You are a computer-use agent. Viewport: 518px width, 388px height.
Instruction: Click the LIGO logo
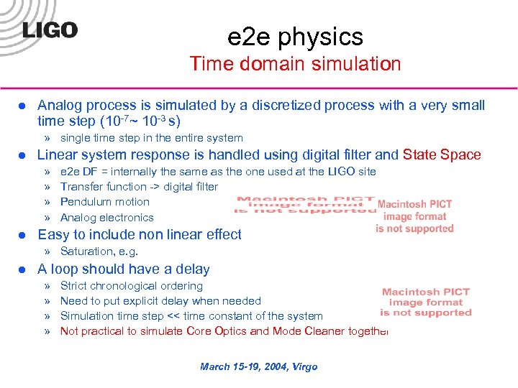[50, 30]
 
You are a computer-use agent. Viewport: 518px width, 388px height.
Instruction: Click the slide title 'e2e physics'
[295, 36]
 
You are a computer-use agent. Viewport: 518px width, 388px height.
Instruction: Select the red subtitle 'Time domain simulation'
[295, 63]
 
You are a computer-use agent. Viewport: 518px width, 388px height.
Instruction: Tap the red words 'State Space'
[442, 154]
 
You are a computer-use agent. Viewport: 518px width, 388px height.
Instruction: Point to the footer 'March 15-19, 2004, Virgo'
[259, 366]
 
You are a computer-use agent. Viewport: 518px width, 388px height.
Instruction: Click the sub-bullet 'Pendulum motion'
[105, 202]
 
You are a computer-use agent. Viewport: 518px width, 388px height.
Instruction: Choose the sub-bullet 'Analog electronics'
[107, 218]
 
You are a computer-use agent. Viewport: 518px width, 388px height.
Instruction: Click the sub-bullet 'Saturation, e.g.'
[99, 251]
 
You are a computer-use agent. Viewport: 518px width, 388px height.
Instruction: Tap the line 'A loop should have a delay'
[124, 269]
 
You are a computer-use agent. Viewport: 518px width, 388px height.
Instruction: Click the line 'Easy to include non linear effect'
[140, 234]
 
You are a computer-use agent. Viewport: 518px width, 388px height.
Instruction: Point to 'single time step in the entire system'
[152, 138]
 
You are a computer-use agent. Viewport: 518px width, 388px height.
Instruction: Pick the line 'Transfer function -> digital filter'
[139, 187]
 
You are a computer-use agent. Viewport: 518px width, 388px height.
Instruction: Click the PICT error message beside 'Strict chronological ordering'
[426, 302]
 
